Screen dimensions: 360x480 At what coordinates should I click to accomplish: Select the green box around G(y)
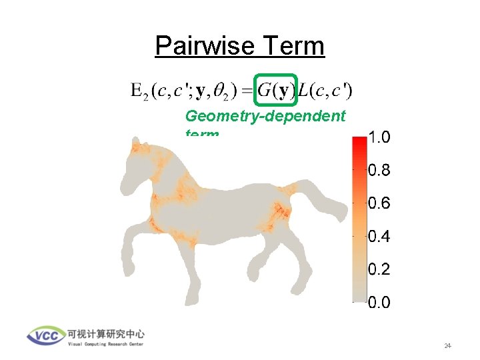(x=276, y=89)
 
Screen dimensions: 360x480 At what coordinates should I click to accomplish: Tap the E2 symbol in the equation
(x=139, y=90)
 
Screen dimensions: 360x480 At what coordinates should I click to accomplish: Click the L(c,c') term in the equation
(x=325, y=89)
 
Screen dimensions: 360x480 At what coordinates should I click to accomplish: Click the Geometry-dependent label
(x=265, y=117)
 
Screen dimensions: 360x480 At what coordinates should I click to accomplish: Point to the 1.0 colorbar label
(x=379, y=138)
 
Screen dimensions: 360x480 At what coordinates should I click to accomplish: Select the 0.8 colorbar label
(x=379, y=171)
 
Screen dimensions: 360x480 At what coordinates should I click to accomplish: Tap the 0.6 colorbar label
(x=379, y=204)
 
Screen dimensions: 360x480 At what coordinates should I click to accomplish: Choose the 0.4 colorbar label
(x=379, y=237)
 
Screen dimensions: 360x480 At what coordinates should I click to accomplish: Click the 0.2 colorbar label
(x=379, y=270)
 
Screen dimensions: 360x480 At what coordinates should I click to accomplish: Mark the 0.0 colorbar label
(x=379, y=303)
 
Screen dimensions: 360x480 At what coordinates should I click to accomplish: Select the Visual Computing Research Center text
(x=105, y=345)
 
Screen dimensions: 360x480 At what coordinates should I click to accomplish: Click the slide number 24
(x=447, y=346)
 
